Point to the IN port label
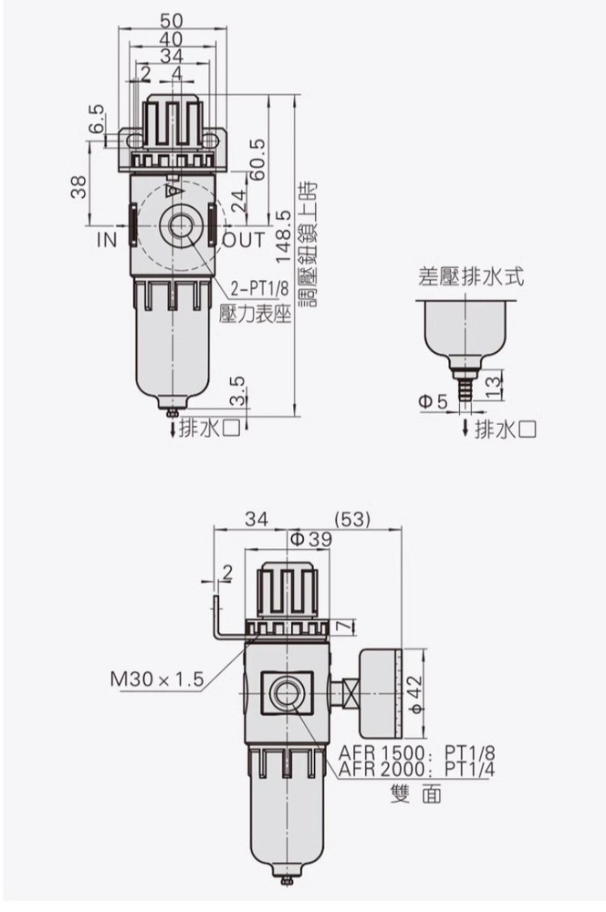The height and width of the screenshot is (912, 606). [107, 240]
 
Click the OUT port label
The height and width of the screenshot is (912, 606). [243, 240]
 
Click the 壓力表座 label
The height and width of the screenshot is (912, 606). [255, 313]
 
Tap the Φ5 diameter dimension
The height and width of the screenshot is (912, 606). [433, 401]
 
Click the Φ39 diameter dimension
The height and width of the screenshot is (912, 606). [310, 539]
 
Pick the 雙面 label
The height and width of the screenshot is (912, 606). [415, 794]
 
